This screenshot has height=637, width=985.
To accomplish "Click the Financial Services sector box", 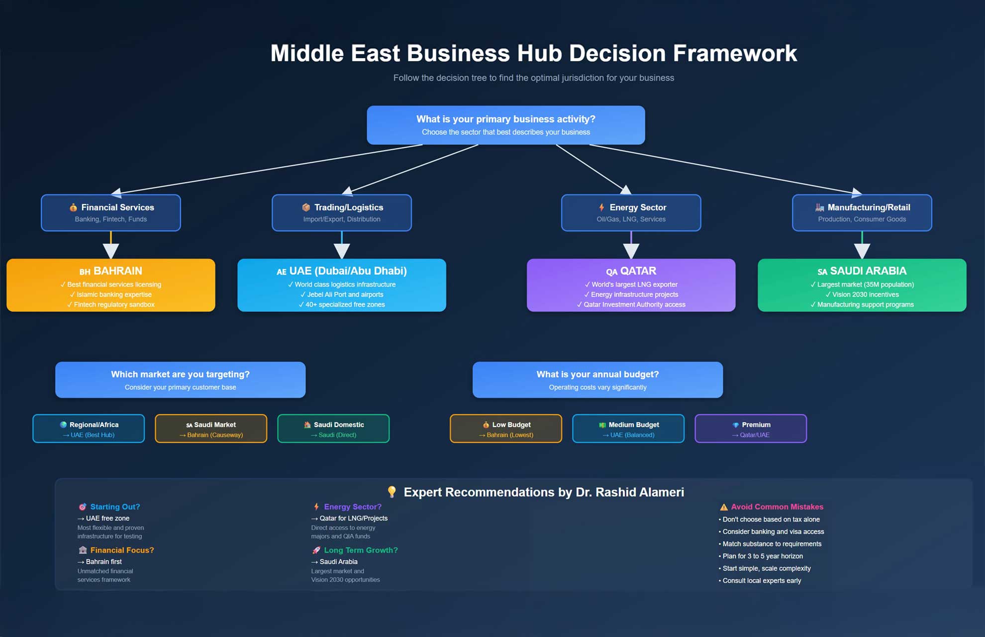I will click(x=111, y=212).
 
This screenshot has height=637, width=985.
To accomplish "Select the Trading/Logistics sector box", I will click(x=342, y=212).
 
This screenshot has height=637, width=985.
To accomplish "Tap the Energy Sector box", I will click(x=631, y=212).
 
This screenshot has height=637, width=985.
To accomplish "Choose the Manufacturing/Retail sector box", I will click(x=862, y=212).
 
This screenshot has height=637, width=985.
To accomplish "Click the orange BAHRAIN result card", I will click(x=111, y=285).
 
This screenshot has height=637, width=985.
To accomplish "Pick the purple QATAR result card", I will click(x=631, y=285).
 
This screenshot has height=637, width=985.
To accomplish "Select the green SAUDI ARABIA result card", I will click(x=862, y=285).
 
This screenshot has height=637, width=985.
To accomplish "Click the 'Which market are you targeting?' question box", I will click(x=180, y=380).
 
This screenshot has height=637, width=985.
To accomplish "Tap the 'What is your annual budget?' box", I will click(x=597, y=380).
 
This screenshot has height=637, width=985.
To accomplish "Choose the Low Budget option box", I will click(x=506, y=428).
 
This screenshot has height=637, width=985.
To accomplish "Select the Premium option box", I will click(x=751, y=428).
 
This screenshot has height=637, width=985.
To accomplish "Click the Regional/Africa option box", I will click(x=89, y=428).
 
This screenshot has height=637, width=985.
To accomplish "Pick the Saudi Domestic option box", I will click(x=333, y=428).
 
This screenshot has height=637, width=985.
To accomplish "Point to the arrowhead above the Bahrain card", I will click(x=111, y=251).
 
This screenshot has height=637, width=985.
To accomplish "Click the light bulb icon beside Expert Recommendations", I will click(x=392, y=492).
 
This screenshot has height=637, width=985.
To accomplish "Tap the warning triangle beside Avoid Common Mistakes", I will click(x=724, y=507).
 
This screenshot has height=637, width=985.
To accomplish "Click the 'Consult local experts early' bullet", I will click(x=762, y=581).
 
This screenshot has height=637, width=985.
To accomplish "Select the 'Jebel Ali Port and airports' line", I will click(x=345, y=295).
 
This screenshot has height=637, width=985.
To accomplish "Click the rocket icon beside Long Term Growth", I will click(x=316, y=550).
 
